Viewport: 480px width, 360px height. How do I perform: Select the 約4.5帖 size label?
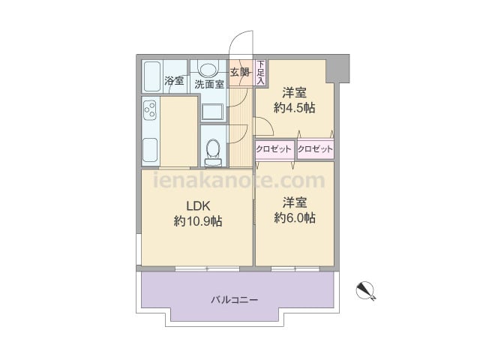coord(294,107)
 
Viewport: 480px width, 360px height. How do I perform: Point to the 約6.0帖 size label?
coord(294,217)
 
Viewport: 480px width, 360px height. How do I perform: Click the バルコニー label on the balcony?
coord(234,299)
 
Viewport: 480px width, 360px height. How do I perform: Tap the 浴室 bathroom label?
coord(174,81)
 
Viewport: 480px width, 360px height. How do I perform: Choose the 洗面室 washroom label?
coord(209,85)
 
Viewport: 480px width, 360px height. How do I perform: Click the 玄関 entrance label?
coord(239,73)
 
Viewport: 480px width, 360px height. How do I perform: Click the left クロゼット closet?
coord(274,149)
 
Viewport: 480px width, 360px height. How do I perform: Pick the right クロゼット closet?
coord(315,149)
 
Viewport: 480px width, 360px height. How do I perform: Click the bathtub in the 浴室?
coord(152,76)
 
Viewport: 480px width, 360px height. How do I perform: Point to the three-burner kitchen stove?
coord(149,111)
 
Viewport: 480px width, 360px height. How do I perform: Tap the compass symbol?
coord(366,289)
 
